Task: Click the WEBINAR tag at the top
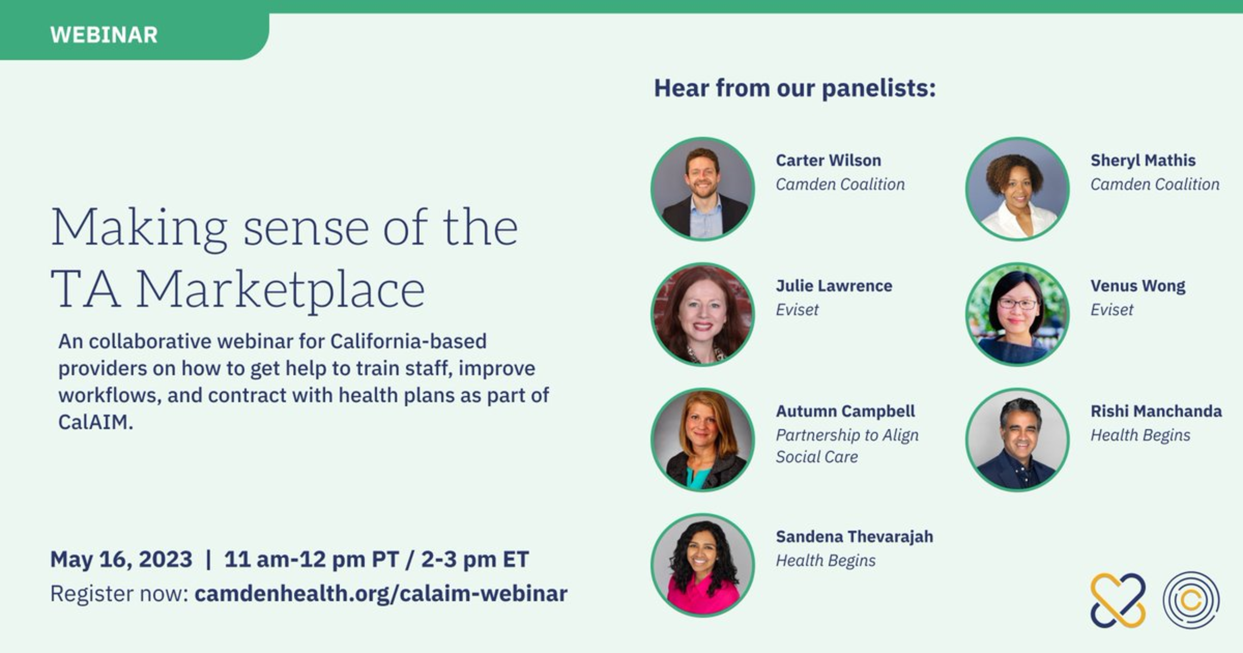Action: tap(104, 35)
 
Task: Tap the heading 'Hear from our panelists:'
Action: tap(794, 88)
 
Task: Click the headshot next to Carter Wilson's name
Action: tap(703, 189)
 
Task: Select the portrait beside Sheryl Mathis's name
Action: tap(1017, 189)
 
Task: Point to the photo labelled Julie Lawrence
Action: tap(703, 315)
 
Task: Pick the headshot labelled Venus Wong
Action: tap(1017, 315)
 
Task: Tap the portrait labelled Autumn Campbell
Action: tap(703, 440)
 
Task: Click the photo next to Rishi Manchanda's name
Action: tap(1017, 440)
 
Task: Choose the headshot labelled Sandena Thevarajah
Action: tap(703, 565)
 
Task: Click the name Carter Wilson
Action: tap(828, 161)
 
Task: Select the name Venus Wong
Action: tap(1138, 286)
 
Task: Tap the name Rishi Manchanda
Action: tap(1156, 411)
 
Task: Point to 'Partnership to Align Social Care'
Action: tap(847, 446)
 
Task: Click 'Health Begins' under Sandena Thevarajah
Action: tap(825, 560)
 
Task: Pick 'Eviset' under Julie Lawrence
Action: tap(797, 310)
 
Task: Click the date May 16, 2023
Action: tap(121, 559)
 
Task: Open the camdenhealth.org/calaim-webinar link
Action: tap(381, 594)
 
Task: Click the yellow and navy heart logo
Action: tap(1118, 600)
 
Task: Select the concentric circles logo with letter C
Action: tap(1191, 600)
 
